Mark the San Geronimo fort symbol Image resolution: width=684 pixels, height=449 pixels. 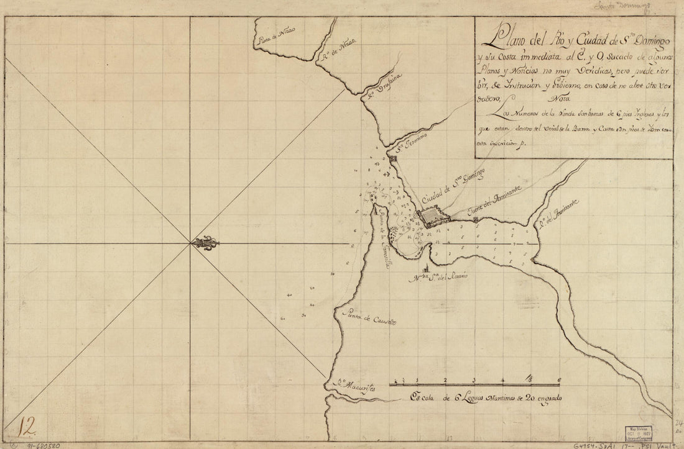point(394,160)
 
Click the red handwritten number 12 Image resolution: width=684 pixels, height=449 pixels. point(28,427)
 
